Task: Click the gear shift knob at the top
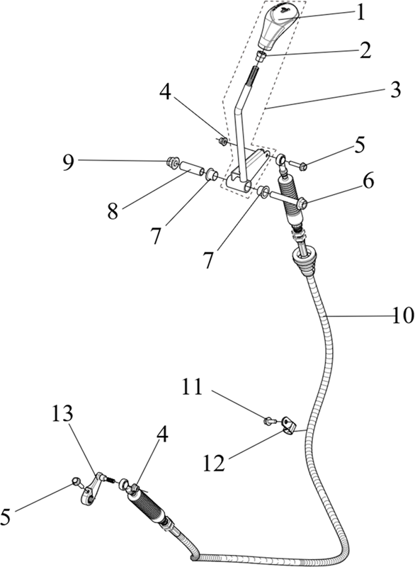coord(278,25)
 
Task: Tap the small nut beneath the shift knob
coord(261,57)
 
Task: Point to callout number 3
coord(395,89)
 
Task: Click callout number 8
coord(113,210)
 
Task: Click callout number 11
coord(192,387)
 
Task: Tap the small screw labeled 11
coord(270,420)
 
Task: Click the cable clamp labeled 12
coord(288,426)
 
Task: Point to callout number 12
coord(214,463)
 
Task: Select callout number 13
coord(62,413)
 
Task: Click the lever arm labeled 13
coord(91,489)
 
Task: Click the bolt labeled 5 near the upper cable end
coord(299,166)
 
